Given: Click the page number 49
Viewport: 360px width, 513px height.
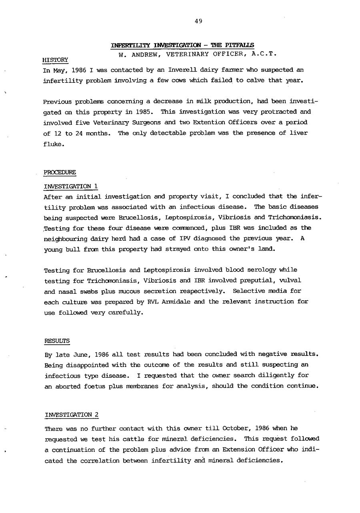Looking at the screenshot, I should click(x=199, y=22).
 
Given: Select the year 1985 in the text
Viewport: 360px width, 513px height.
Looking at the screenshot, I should click(x=143, y=112).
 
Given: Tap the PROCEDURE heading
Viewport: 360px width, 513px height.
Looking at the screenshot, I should click(x=60, y=173).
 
